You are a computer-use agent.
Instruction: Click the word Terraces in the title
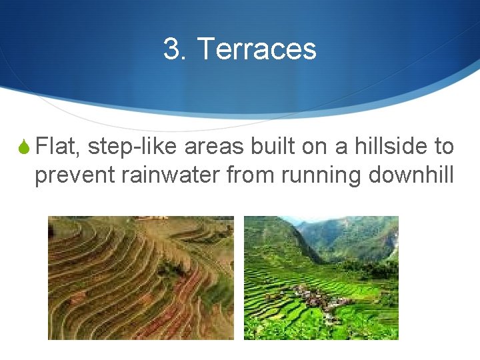pos(257,49)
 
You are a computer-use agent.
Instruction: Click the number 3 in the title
pos(172,49)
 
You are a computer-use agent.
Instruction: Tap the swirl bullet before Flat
pos(23,147)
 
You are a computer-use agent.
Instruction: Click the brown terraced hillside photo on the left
pos(141,277)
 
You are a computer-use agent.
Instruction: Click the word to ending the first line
pos(443,146)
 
